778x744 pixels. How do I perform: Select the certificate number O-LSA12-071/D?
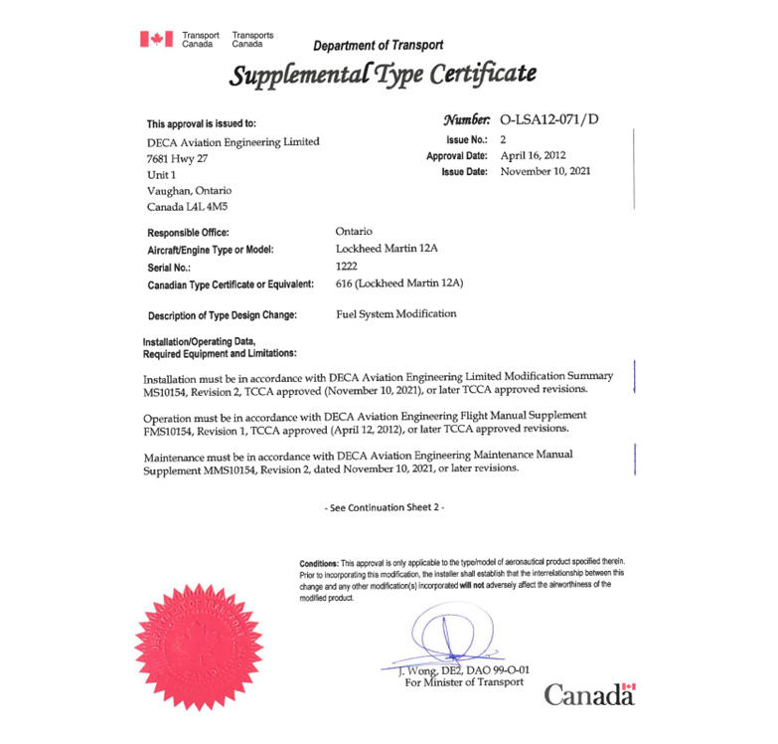click(551, 120)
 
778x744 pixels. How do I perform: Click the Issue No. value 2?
click(503, 140)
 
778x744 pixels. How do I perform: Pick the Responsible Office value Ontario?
click(355, 231)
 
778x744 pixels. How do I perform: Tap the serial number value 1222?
click(348, 266)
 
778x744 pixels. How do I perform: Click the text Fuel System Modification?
click(397, 313)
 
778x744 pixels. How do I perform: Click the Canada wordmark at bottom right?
click(588, 693)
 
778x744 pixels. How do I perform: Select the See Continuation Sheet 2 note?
click(387, 507)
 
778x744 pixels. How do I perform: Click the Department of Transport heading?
click(378, 45)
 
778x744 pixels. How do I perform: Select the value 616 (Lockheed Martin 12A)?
click(399, 283)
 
